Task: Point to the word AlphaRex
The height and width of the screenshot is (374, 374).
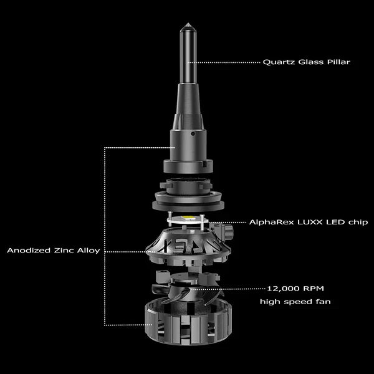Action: pyautogui.click(x=271, y=222)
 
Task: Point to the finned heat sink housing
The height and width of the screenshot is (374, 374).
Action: pyautogui.click(x=187, y=246)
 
